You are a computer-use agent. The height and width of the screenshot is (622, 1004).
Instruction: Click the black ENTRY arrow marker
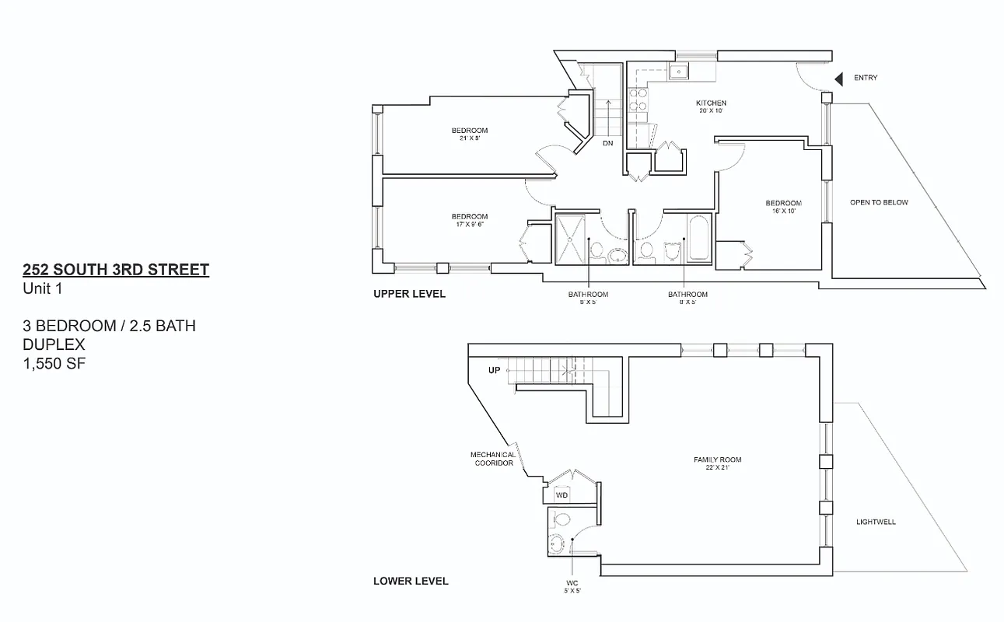[839, 79]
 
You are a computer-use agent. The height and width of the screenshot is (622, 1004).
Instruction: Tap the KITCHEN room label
[711, 103]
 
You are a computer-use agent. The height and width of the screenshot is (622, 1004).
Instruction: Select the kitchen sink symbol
[678, 72]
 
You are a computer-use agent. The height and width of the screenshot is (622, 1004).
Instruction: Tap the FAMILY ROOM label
[711, 460]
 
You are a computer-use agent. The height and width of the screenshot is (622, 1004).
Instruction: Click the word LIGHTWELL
[876, 522]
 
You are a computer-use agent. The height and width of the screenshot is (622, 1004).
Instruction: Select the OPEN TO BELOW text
[879, 202]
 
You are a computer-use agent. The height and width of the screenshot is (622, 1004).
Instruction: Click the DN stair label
[608, 144]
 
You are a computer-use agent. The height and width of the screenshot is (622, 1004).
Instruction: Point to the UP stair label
[495, 370]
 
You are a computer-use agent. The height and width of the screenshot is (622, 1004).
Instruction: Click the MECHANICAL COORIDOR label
[492, 459]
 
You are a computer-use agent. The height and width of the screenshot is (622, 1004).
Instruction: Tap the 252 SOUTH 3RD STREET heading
[116, 270]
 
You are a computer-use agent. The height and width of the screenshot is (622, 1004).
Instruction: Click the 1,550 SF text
[54, 362]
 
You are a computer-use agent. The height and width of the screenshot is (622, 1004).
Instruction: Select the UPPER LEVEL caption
[410, 294]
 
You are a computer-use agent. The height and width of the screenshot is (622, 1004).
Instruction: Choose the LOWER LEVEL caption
[411, 581]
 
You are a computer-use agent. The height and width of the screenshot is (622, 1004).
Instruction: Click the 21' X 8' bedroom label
[470, 135]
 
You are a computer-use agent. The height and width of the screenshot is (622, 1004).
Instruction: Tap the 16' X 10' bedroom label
[782, 207]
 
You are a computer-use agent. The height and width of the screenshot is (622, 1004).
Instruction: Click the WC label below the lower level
[572, 583]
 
